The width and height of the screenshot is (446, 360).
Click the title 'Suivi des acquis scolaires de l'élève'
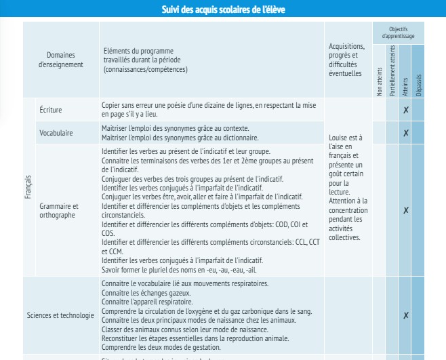pyautogui.click(x=224, y=9)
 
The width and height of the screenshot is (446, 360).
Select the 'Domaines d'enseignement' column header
pyautogui.click(x=61, y=60)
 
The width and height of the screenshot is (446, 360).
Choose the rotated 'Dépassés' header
pyautogui.click(x=418, y=85)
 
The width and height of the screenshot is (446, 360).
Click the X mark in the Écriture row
pyautogui.click(x=405, y=111)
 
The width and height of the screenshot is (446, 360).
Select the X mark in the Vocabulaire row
pyautogui.click(x=405, y=133)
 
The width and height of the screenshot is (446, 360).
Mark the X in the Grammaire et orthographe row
pyautogui.click(x=405, y=211)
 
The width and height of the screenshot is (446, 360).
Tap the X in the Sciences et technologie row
pyautogui.click(x=405, y=315)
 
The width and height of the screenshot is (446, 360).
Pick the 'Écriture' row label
pyautogui.click(x=52, y=110)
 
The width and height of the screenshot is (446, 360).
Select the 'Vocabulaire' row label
pyautogui.click(x=56, y=132)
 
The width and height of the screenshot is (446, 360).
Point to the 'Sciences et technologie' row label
pyautogui.click(x=60, y=315)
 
